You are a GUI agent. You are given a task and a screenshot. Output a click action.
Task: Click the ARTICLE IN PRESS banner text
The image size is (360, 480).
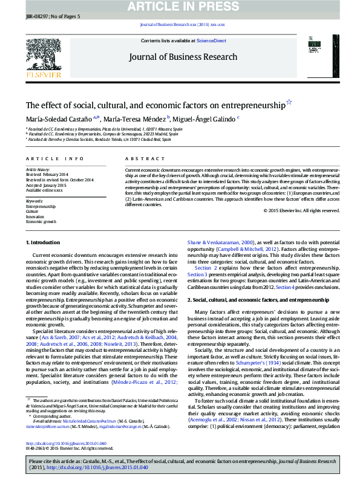[180, 7]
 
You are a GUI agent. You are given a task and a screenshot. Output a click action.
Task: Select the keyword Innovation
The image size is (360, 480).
[35, 216]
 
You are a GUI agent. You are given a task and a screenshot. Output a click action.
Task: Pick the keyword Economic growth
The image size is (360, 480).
[40, 222]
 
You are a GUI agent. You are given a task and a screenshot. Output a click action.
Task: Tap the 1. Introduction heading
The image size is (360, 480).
[43, 242]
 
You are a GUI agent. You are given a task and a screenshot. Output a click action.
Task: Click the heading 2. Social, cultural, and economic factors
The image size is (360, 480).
[249, 299]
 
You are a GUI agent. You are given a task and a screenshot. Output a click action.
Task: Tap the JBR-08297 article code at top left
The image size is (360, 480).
[35, 16]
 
